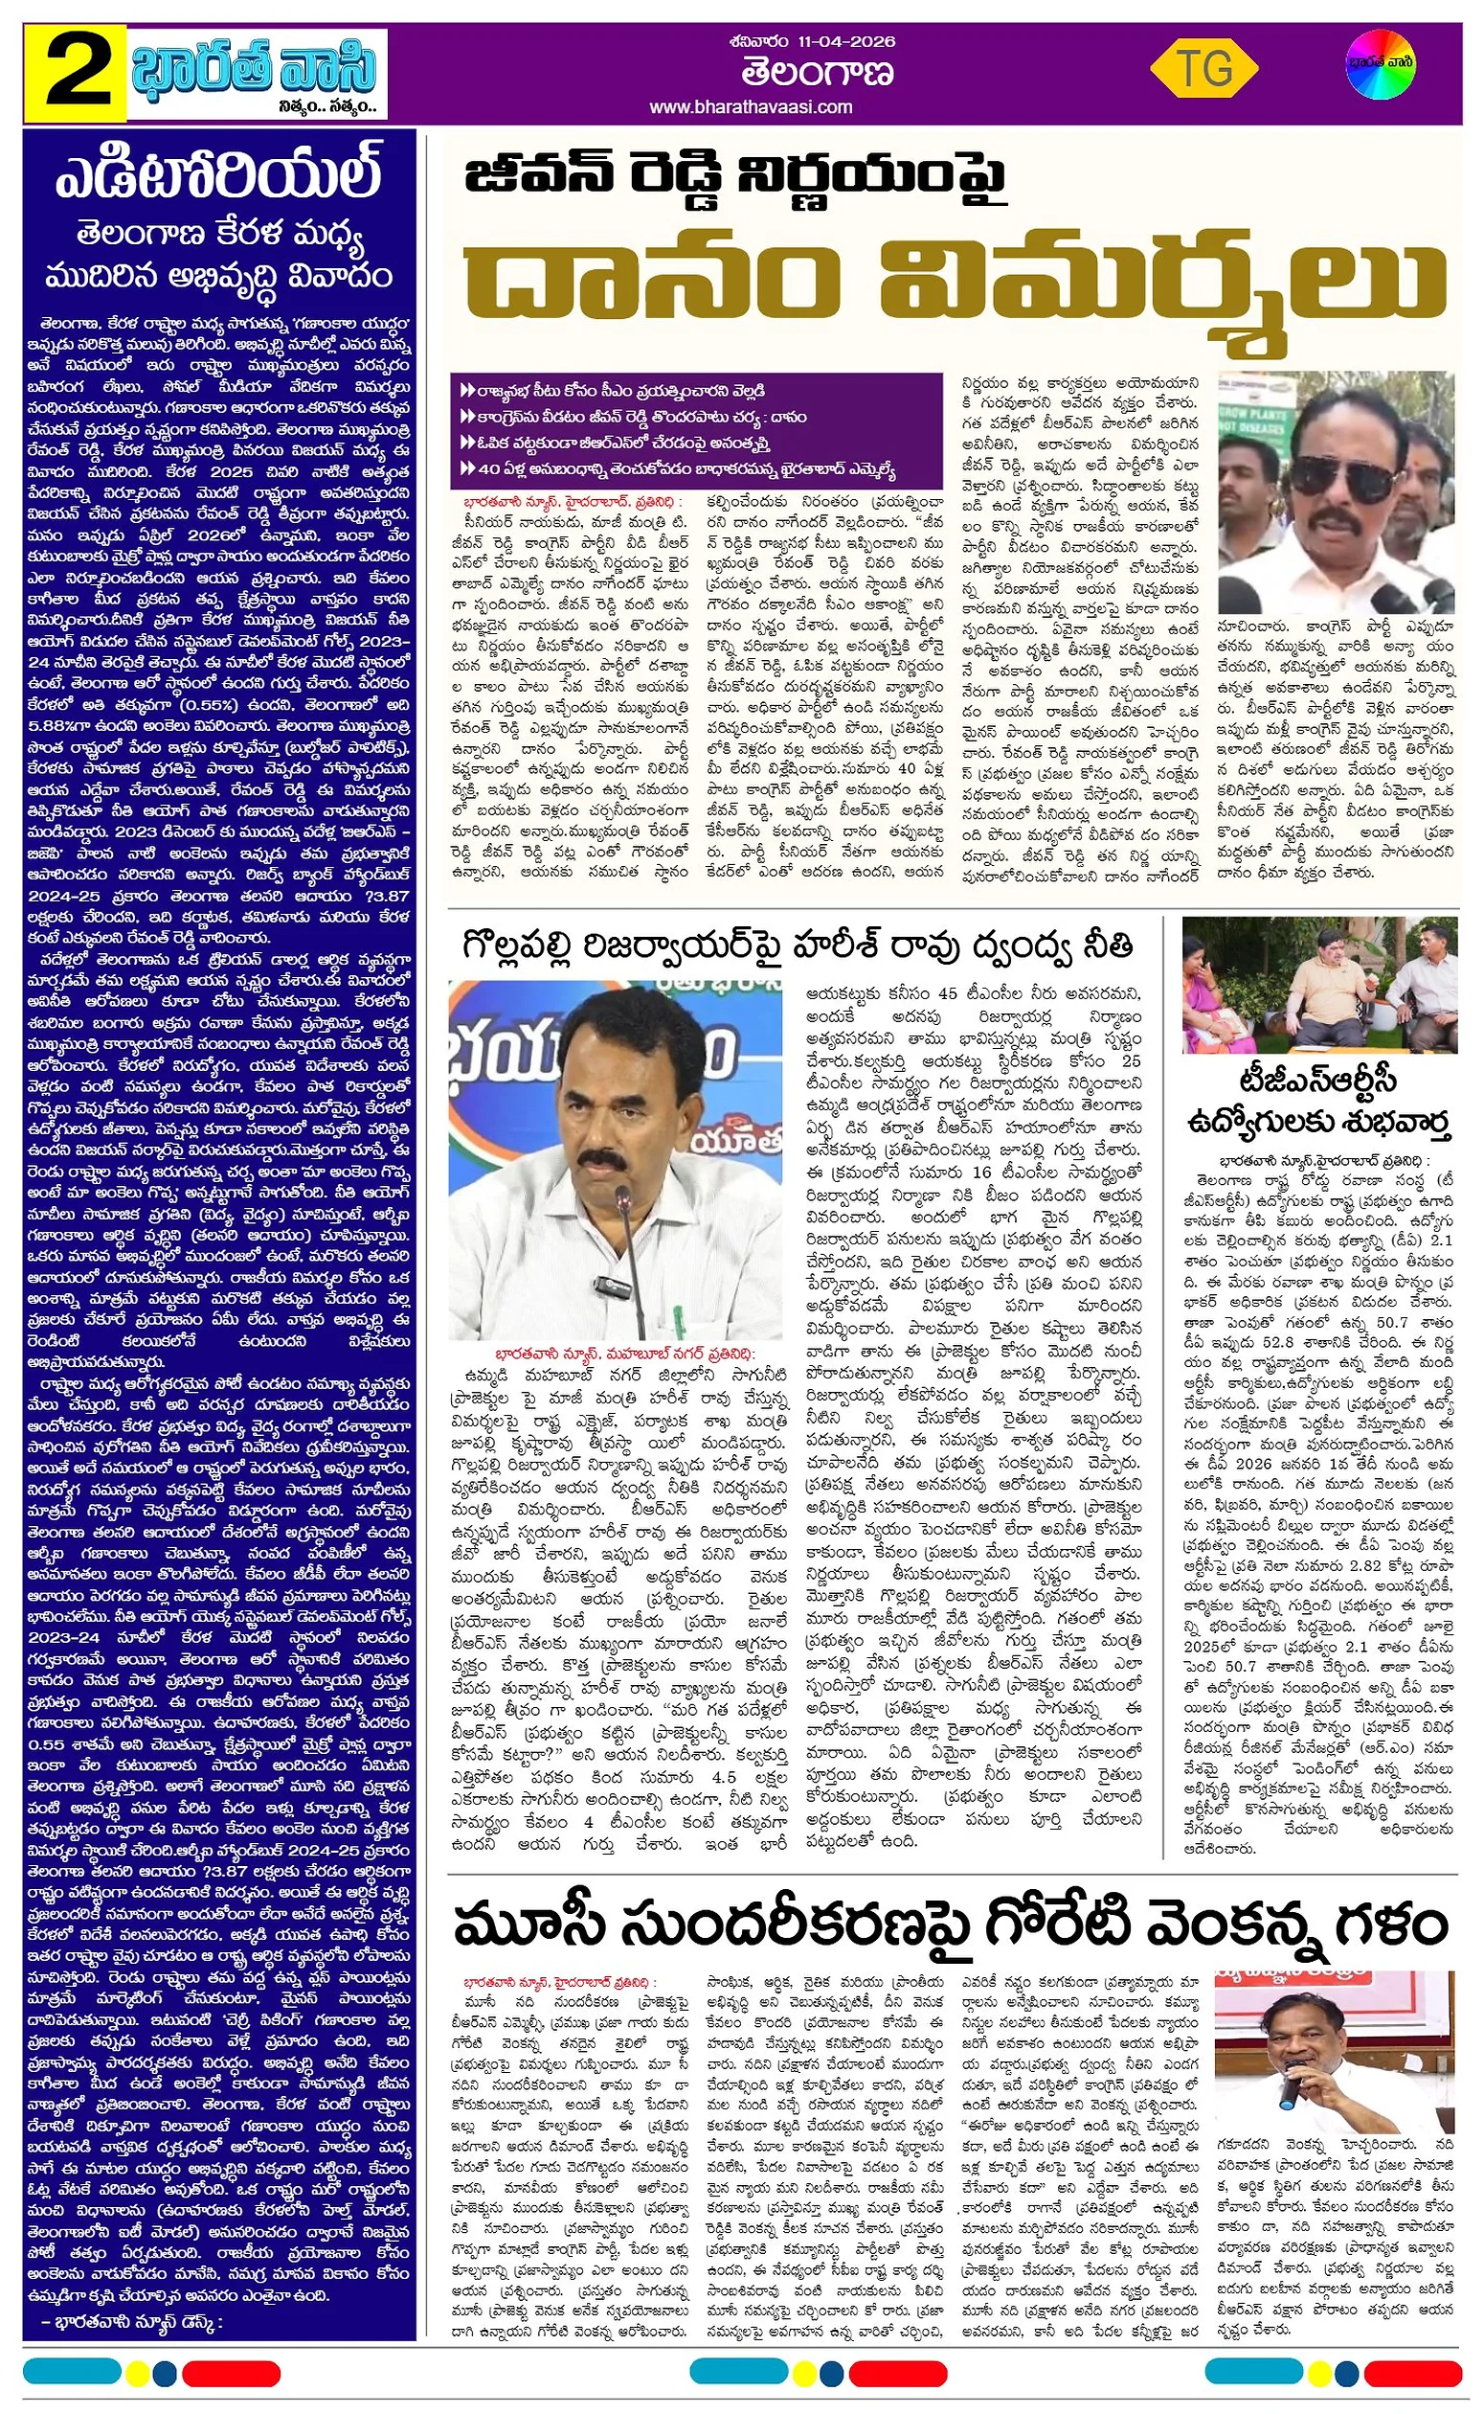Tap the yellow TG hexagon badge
1203,70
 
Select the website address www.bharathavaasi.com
750,107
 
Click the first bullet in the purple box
613,391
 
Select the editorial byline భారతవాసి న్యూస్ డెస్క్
133,2322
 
